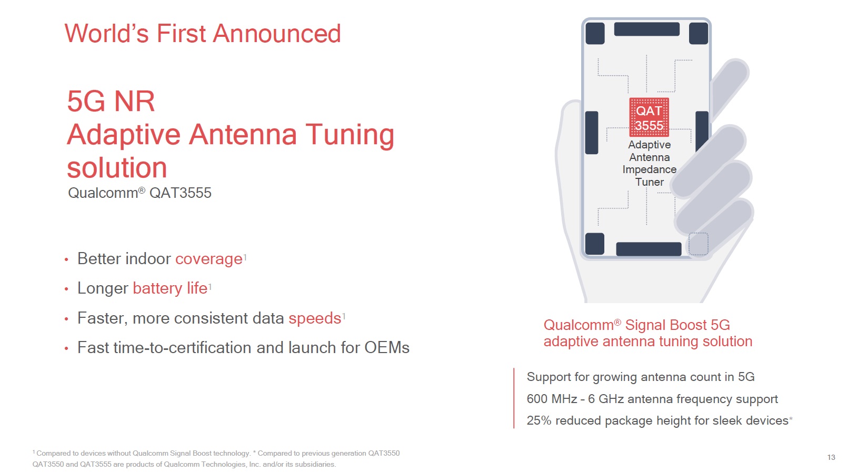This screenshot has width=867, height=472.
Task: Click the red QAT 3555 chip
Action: coord(649,117)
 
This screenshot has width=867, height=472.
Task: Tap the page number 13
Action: coord(831,457)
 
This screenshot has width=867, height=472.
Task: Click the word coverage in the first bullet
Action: coord(209,259)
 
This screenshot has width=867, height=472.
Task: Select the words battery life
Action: coord(171,288)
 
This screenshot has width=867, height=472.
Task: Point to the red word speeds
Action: coord(315,318)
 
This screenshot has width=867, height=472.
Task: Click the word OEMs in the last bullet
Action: coord(387,347)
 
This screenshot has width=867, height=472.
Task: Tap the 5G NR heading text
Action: coord(111,102)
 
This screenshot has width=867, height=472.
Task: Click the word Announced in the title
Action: coord(277,33)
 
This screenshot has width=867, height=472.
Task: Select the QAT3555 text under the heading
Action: coord(181,193)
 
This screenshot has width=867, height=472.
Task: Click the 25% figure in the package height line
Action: coord(539,420)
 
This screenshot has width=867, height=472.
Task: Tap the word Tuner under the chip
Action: coord(650,182)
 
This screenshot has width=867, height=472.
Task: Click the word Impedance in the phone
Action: coord(650,170)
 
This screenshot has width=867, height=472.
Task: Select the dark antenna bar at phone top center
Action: coord(647,29)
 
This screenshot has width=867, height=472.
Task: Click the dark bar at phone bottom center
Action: coord(649,249)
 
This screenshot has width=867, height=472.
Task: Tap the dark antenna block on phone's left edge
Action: coord(591,133)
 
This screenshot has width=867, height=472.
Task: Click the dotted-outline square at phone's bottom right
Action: coord(699,244)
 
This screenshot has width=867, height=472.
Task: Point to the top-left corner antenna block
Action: coord(595,33)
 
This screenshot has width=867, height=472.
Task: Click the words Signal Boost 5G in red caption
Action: coord(677,325)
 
